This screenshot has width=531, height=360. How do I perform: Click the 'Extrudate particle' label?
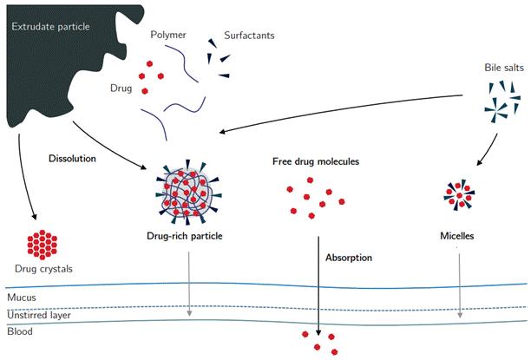[x=49, y=24]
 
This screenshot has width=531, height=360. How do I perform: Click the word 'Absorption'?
[x=349, y=258]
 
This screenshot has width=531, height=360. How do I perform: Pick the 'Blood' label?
[x=19, y=331]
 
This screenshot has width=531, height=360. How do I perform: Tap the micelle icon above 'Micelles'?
[x=459, y=195]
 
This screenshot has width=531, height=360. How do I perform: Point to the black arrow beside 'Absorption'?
[x=320, y=286]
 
